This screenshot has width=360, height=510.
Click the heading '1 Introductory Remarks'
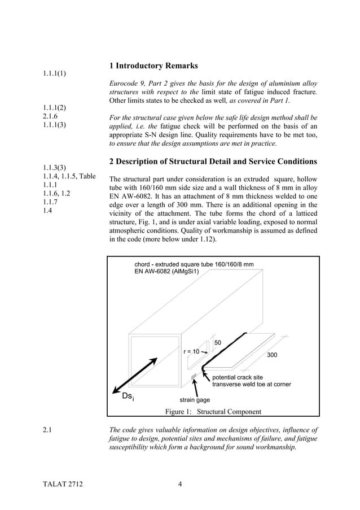pos(153,67)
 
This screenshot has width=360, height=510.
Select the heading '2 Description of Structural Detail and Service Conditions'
pos(213,162)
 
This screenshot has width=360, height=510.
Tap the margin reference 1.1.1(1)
pos(55,73)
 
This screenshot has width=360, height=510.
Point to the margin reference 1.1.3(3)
pos(55,168)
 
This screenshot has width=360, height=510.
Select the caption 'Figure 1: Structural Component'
pos(213,411)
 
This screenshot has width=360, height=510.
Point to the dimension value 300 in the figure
pos(272,355)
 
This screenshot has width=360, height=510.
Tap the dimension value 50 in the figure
pos(218,343)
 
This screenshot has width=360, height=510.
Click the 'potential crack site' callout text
pos(237,377)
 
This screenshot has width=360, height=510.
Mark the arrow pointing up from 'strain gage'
pos(195,389)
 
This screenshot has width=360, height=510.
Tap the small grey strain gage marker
pos(194,376)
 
